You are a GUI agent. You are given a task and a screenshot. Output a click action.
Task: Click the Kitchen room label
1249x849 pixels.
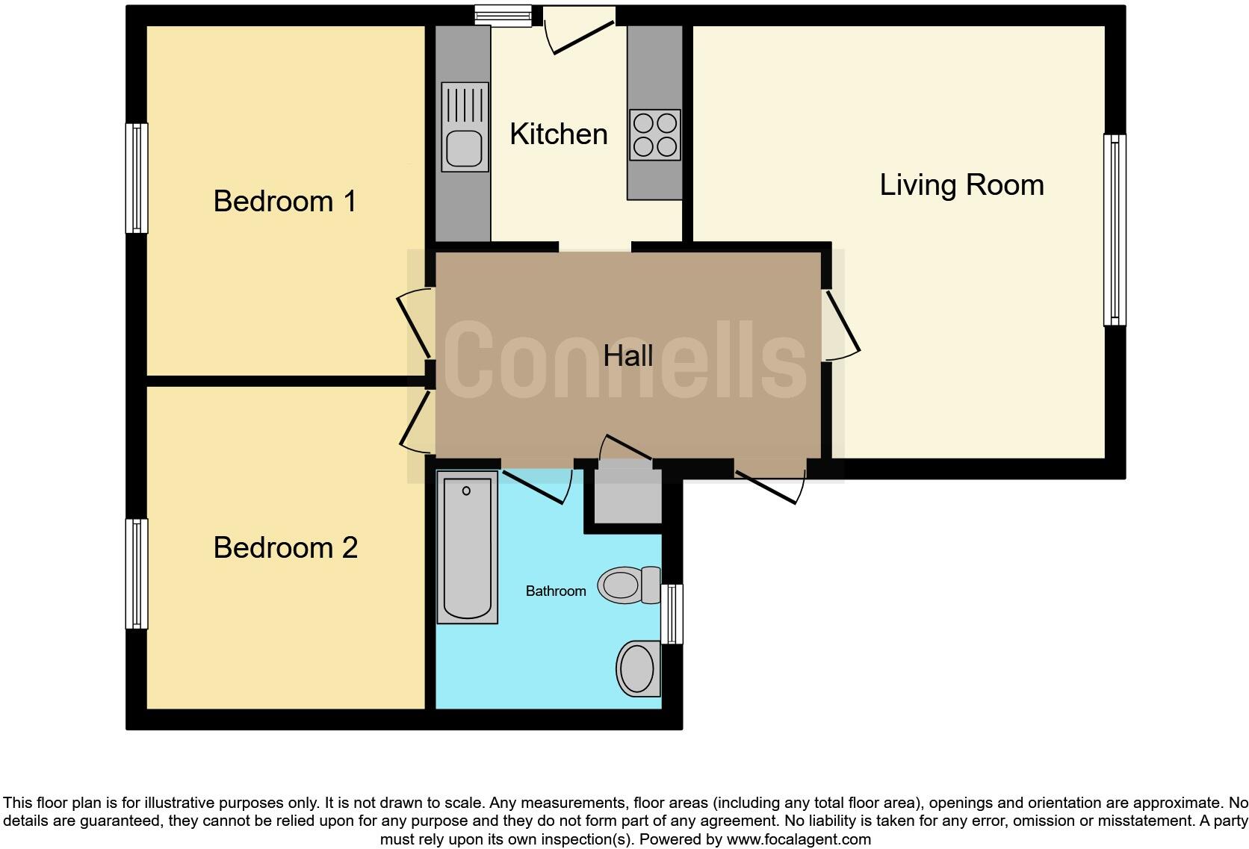click(558, 134)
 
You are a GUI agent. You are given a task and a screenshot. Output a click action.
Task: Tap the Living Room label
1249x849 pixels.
click(961, 185)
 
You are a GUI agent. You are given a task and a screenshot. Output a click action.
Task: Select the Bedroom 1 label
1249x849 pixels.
click(285, 202)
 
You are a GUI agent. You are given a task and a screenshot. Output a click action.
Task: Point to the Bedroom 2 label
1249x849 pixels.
click(285, 548)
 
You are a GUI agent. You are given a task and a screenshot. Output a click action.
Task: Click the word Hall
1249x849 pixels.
click(627, 356)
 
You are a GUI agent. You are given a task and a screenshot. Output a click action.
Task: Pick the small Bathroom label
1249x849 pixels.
click(555, 591)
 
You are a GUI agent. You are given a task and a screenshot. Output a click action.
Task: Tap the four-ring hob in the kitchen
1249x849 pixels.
click(654, 135)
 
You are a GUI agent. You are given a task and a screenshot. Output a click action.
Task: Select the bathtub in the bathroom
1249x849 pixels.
click(467, 547)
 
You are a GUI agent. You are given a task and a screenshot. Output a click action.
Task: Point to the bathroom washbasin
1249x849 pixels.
click(637, 668)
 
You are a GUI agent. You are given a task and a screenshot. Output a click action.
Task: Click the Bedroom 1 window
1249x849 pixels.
click(136, 178)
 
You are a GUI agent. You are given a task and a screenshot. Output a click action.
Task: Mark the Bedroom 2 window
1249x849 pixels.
click(136, 573)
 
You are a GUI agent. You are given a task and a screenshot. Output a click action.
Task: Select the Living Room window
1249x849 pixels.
click(1115, 230)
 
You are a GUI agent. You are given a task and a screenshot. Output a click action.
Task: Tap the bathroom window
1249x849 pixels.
click(672, 614)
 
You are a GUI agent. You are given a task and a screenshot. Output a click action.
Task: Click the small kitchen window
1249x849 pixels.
click(503, 16)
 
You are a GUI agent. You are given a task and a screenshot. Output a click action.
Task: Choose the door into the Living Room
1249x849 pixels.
click(842, 324)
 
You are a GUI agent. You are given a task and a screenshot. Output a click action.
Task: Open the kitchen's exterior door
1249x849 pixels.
click(579, 34)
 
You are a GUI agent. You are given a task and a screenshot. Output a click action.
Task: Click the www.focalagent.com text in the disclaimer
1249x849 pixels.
click(799, 839)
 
